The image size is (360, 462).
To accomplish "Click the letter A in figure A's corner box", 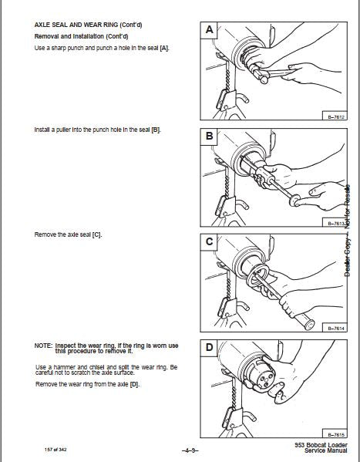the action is pyautogui.click(x=209, y=30).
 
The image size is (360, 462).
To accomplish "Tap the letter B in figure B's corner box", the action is pyautogui.click(x=209, y=136).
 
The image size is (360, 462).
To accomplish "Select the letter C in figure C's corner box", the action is pyautogui.click(x=209, y=241).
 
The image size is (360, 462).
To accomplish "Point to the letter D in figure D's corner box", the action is pyautogui.click(x=209, y=347).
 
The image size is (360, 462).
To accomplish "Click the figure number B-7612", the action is pyautogui.click(x=336, y=117).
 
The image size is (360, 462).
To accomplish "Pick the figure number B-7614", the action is pyautogui.click(x=336, y=329).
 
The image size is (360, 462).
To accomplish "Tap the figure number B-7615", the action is pyautogui.click(x=336, y=434).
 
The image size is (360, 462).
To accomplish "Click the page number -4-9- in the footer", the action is pyautogui.click(x=190, y=450).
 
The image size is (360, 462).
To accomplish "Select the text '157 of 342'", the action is pyautogui.click(x=56, y=450).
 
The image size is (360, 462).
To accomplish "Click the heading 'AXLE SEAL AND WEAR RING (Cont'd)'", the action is pyautogui.click(x=88, y=25).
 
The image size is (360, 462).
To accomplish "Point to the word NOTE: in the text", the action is pyautogui.click(x=43, y=346).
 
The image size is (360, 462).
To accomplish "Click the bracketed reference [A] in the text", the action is pyautogui.click(x=164, y=48).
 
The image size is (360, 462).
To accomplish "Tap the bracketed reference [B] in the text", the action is pyautogui.click(x=156, y=130).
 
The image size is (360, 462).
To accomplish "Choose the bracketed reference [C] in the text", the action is pyautogui.click(x=96, y=234).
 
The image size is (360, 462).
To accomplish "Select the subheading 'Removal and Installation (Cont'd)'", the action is pyautogui.click(x=81, y=36).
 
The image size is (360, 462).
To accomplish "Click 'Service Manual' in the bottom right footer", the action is pyautogui.click(x=326, y=450).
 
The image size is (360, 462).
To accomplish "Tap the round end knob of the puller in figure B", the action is pyautogui.click(x=294, y=201).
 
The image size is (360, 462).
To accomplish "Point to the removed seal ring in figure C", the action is pyautogui.click(x=257, y=276).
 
